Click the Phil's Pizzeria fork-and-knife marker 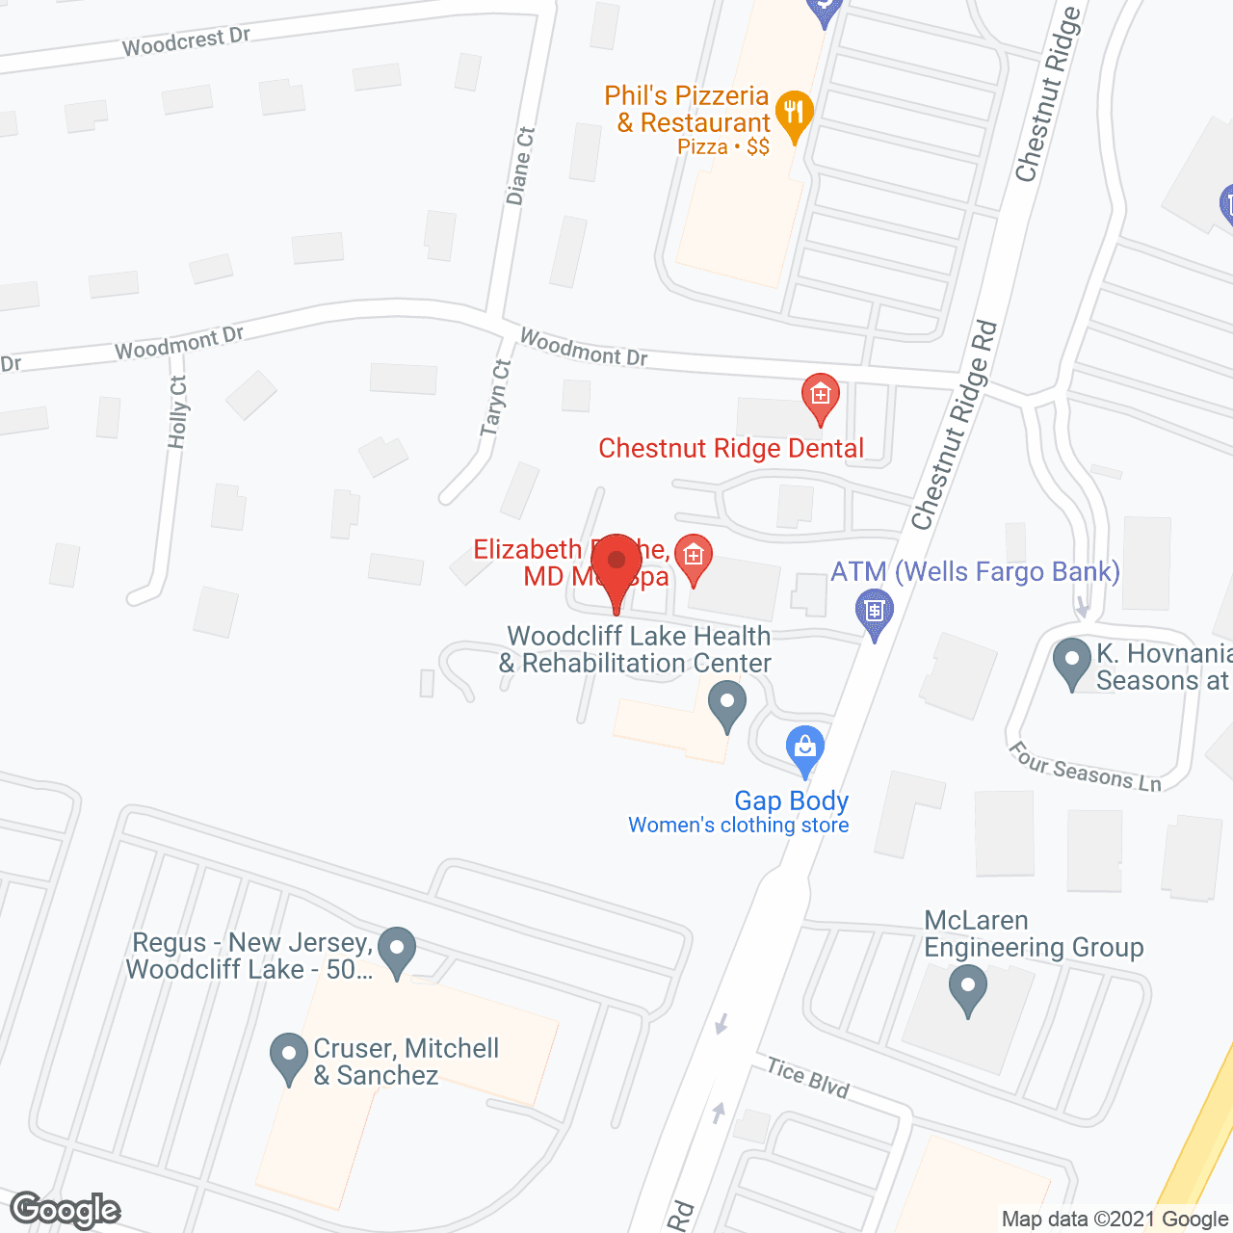[x=794, y=114]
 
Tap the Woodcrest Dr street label [x=186, y=41]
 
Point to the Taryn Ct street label [x=495, y=397]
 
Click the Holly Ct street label [x=178, y=412]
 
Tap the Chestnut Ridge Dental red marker [x=820, y=396]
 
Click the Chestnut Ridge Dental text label [x=731, y=448]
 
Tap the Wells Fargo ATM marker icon [x=875, y=611]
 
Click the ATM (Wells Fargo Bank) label [x=975, y=571]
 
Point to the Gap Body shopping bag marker [x=805, y=747]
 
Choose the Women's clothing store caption [x=739, y=826]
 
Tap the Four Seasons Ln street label [x=1085, y=767]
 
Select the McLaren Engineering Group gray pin [x=968, y=989]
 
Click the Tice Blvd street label [x=807, y=1078]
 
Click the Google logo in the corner [x=66, y=1210]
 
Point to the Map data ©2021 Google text [x=1115, y=1220]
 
